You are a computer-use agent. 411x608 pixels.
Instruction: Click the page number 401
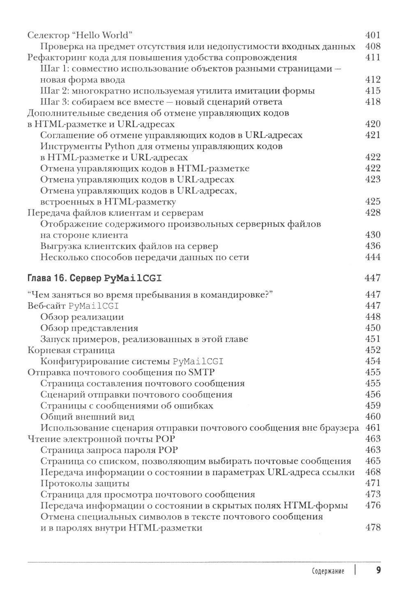tap(373, 35)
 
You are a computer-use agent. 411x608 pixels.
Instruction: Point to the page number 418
tap(373, 102)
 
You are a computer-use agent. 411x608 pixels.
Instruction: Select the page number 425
tap(373, 202)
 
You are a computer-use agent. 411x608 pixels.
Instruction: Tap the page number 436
tap(373, 246)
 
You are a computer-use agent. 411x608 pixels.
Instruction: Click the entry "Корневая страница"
tap(71, 350)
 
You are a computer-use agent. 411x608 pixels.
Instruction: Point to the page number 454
tap(373, 361)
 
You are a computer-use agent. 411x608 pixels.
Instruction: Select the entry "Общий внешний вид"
tap(88, 417)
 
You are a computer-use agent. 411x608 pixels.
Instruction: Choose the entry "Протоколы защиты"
tap(85, 483)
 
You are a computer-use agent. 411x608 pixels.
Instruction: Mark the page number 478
tap(373, 528)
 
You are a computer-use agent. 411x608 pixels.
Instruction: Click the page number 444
tap(373, 257)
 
